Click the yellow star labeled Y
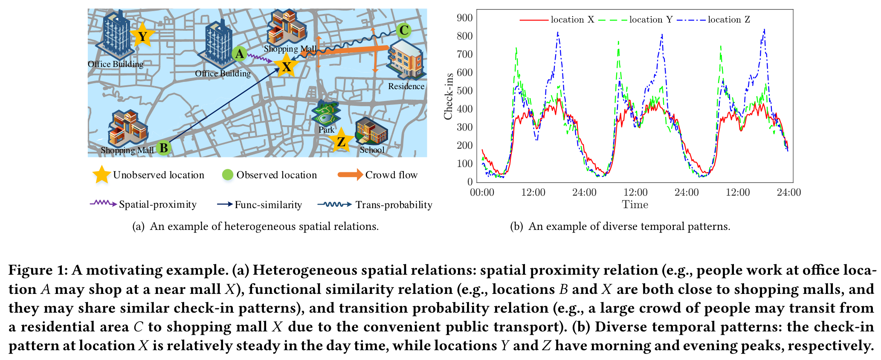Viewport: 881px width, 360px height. (x=142, y=37)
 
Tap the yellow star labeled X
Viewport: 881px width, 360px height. (x=286, y=66)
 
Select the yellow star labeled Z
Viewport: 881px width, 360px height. (x=341, y=141)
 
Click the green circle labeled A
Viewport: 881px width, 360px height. (x=240, y=54)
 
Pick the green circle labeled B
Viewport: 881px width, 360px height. (x=163, y=148)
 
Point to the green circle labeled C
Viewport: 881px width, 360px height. (x=403, y=31)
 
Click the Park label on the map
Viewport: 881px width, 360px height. (x=326, y=130)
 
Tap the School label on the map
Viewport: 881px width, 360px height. (x=372, y=150)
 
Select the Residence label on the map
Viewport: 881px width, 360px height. (x=406, y=86)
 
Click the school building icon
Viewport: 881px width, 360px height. (x=371, y=132)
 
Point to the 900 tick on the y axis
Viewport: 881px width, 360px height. (x=464, y=18)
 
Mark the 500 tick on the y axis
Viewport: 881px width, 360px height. (x=464, y=91)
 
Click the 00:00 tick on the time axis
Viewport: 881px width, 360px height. (x=482, y=192)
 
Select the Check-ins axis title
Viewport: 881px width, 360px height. (x=448, y=96)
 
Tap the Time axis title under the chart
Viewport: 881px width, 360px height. (x=635, y=205)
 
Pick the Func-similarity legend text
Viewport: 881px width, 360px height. (x=268, y=205)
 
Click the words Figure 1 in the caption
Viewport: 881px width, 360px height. (x=38, y=270)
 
